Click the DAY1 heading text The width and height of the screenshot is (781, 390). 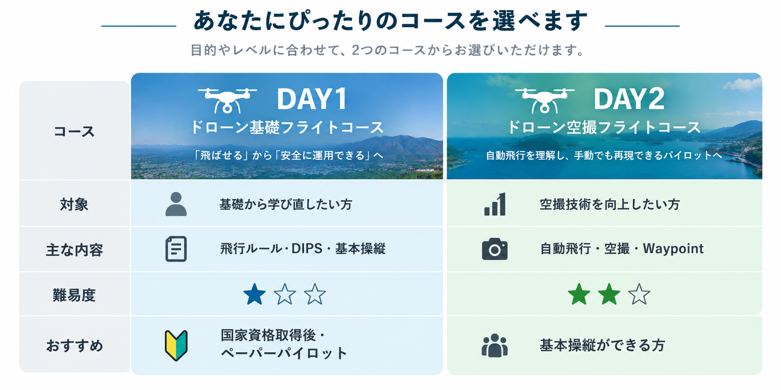coord(312,99)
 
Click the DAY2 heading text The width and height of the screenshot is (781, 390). coord(629,99)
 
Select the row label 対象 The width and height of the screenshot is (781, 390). coord(74,204)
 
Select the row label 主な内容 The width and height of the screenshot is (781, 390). coord(74,250)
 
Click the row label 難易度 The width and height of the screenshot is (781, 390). coord(74,295)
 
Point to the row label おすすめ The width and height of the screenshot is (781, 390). coord(74,346)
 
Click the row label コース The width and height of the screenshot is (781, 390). coord(74,131)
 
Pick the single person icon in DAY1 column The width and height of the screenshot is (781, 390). coord(176,204)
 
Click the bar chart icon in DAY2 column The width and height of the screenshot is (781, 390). coord(495,204)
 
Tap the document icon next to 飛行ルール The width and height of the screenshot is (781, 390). coord(176,249)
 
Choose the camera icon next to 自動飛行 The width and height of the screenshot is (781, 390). coord(495,249)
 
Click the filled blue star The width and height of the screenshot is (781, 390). coord(254,295)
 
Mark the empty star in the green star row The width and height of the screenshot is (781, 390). coord(639,295)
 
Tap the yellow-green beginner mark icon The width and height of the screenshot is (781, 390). coord(176,346)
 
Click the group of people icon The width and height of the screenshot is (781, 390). coord(495,346)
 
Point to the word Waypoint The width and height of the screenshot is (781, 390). coord(673,249)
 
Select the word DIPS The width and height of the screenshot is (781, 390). coord(307,249)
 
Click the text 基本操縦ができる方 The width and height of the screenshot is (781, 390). coord(602,346)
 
